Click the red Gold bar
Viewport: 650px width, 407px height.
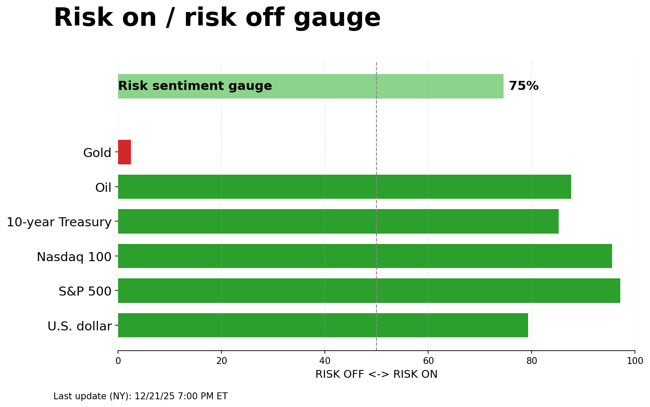point(124,152)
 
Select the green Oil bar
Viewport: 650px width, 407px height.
point(344,187)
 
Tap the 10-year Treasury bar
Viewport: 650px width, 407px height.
point(338,222)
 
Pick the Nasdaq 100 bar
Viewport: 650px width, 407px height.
point(365,256)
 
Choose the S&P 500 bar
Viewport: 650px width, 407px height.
point(369,291)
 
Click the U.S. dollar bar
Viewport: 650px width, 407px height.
point(323,325)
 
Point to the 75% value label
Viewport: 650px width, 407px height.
point(523,86)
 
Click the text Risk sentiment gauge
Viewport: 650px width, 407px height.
point(195,86)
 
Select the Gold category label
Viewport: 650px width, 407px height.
point(97,153)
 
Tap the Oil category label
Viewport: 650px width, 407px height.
point(103,188)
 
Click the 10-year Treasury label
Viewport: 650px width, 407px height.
point(59,222)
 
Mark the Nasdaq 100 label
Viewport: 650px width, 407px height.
point(74,257)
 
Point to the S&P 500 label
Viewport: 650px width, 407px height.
point(85,292)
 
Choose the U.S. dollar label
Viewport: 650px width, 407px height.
point(79,327)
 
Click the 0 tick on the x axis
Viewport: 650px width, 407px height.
point(118,361)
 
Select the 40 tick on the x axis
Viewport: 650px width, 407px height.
point(325,361)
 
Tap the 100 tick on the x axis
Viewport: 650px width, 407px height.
point(634,361)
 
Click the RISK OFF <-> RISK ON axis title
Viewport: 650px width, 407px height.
point(376,374)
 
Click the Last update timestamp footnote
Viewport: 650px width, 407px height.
point(140,396)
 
